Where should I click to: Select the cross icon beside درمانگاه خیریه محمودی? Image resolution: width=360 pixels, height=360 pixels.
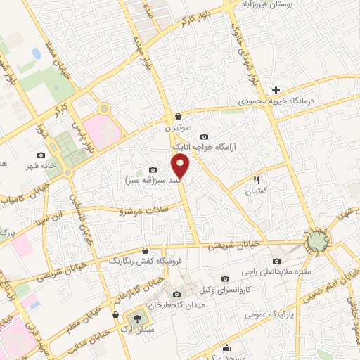pyautogui.click(x=276, y=90)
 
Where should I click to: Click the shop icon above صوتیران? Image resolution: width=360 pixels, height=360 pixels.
pyautogui.click(x=179, y=116)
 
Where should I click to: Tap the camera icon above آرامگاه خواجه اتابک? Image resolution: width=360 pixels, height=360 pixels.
pyautogui.click(x=204, y=136)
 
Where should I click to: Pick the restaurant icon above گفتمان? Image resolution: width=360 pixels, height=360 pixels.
pyautogui.click(x=256, y=181)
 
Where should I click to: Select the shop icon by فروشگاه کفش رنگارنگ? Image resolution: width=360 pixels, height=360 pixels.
pyautogui.click(x=146, y=250)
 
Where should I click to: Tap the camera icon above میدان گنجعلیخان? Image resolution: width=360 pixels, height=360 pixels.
pyautogui.click(x=176, y=294)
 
